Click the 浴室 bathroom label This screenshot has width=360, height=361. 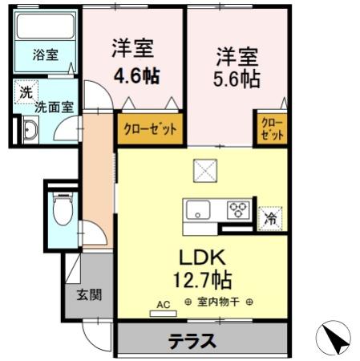pyautogui.click(x=45, y=55)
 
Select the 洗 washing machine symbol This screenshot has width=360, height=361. pyautogui.click(x=26, y=92)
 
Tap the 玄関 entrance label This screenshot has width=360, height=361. pyautogui.click(x=89, y=294)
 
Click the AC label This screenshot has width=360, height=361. pyautogui.click(x=163, y=304)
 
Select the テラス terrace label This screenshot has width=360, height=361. pyautogui.click(x=192, y=341)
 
